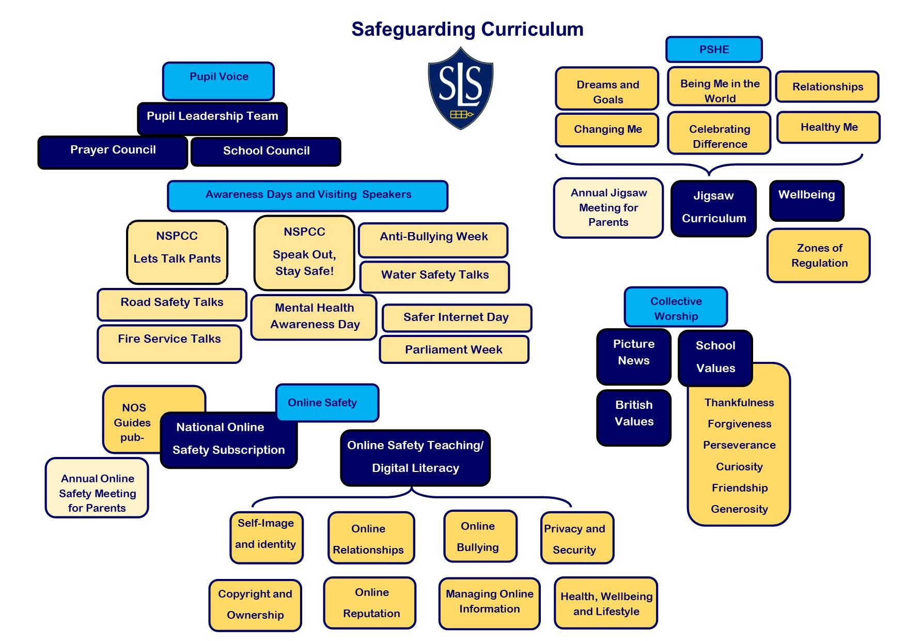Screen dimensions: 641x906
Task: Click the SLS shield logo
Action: point(460,88)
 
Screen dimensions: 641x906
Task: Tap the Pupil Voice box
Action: point(218,81)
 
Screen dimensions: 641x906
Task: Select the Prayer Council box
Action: point(113,152)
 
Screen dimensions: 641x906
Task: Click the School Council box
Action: point(266,151)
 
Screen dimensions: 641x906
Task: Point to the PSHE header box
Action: point(714,50)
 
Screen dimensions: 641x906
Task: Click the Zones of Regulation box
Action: point(819,255)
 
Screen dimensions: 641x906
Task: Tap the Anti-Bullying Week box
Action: point(433,240)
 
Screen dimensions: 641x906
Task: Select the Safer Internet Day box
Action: point(456,317)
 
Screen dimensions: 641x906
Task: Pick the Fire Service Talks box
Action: point(169,343)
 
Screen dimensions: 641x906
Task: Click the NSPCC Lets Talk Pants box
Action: point(177,252)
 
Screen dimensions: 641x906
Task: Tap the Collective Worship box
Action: point(676,308)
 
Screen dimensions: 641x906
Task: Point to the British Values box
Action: point(634,417)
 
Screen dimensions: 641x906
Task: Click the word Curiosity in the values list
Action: point(739,467)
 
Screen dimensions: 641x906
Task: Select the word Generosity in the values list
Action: point(739,509)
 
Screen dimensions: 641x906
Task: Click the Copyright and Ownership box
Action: point(255,605)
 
